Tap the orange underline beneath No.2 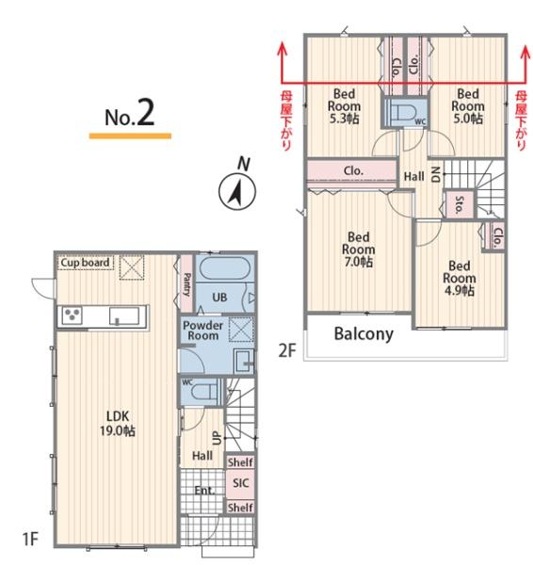click(x=130, y=136)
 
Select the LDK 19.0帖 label click(x=118, y=424)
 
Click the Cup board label click(x=85, y=263)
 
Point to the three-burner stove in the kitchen click(x=73, y=315)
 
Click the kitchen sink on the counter click(x=124, y=316)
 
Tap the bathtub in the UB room click(x=224, y=268)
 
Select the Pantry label click(x=187, y=284)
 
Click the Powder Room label click(x=202, y=331)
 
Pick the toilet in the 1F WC click(x=204, y=391)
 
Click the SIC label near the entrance click(x=240, y=483)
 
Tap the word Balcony click(x=363, y=334)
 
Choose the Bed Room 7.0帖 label click(x=358, y=250)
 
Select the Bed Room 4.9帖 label click(x=460, y=278)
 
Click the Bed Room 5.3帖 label click(x=344, y=106)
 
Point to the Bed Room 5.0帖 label click(x=468, y=106)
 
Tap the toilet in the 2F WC click(x=405, y=111)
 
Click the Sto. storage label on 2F click(x=459, y=204)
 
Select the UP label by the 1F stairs click(x=218, y=438)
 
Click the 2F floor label click(x=287, y=350)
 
